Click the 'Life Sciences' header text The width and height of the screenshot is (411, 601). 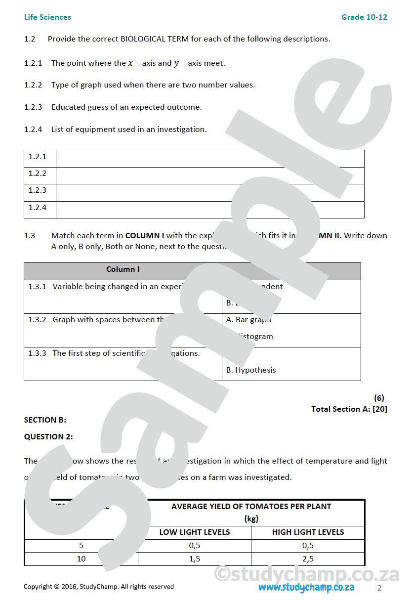tap(47, 17)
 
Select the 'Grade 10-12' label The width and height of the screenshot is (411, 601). tap(364, 17)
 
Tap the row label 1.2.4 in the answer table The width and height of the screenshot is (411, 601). tap(38, 208)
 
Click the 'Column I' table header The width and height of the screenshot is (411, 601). tap(123, 269)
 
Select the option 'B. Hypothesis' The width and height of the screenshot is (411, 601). tap(251, 370)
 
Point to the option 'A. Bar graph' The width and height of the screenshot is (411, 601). tap(248, 320)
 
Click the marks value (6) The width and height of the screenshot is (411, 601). tap(379, 398)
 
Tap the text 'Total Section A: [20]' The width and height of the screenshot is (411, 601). tap(349, 409)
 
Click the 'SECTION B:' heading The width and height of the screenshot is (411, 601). tap(45, 420)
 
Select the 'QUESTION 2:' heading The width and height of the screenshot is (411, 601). tap(48, 436)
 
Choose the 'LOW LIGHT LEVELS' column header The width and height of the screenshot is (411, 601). tap(195, 532)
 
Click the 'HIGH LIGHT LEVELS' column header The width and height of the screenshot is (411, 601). tap(308, 532)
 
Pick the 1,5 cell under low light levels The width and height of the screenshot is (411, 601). tap(195, 559)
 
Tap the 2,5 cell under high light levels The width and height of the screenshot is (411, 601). tap(308, 559)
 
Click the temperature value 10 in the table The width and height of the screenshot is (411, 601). tap(81, 559)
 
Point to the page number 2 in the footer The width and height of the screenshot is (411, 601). tap(379, 588)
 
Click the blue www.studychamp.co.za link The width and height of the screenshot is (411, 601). tap(306, 587)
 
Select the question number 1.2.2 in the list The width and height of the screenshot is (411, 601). tap(33, 85)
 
